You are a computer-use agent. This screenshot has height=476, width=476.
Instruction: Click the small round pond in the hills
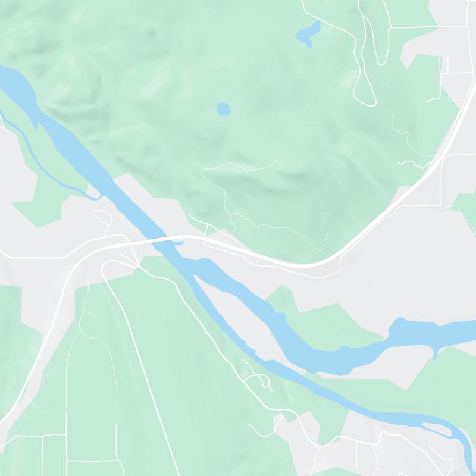223,109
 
